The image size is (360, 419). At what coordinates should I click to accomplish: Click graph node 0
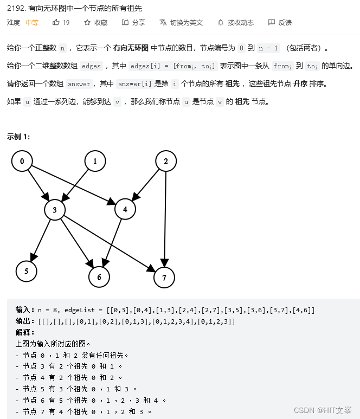coord(22,161)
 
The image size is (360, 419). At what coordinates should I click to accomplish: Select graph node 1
coord(95,161)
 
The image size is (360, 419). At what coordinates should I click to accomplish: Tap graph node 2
coord(166,161)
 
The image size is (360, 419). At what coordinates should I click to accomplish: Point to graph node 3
coord(55,210)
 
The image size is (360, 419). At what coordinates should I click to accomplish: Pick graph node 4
coord(125,210)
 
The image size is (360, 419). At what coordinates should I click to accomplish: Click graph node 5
coord(26,271)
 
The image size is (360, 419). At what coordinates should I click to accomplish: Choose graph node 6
coord(99,276)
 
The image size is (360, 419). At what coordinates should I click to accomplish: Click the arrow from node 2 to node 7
coord(165,217)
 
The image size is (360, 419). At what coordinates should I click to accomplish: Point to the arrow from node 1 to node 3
coord(76,184)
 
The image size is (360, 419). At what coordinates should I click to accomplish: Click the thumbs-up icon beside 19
coord(56,22)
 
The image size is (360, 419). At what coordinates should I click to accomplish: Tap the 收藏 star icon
coord(87,22)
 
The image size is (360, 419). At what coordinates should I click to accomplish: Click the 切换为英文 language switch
coord(181,22)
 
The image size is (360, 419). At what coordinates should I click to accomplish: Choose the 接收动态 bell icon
coord(221,22)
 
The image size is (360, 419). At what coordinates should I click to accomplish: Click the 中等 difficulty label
coord(32,22)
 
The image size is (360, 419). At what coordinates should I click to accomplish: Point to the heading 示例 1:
coord(18,137)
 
